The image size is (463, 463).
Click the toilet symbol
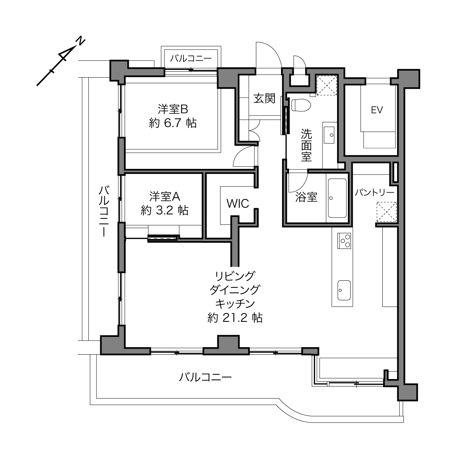pyautogui.click(x=301, y=105)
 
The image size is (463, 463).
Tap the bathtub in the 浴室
pyautogui.click(x=337, y=198)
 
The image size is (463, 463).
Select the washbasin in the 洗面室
pyautogui.click(x=329, y=135)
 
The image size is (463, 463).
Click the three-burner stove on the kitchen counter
pyautogui.click(x=344, y=240)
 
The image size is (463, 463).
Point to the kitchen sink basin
pyautogui.click(x=344, y=290)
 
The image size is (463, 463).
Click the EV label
pyautogui.click(x=377, y=110)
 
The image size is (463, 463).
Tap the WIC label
pyautogui.click(x=238, y=204)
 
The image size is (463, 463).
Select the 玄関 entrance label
pyautogui.click(x=264, y=98)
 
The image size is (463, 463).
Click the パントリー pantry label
pyautogui.click(x=375, y=192)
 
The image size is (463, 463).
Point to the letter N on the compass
pyautogui.click(x=81, y=41)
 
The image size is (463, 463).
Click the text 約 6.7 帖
pyautogui.click(x=173, y=124)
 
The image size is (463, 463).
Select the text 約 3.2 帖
pyautogui.click(x=165, y=211)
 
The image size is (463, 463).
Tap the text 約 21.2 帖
pyautogui.click(x=235, y=318)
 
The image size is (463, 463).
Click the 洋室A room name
pyautogui.click(x=165, y=196)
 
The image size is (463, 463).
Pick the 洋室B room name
pyautogui.click(x=173, y=109)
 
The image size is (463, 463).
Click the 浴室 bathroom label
pyautogui.click(x=306, y=197)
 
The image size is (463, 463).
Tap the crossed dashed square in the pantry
pyautogui.click(x=386, y=212)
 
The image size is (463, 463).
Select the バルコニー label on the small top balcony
pyautogui.click(x=191, y=58)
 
